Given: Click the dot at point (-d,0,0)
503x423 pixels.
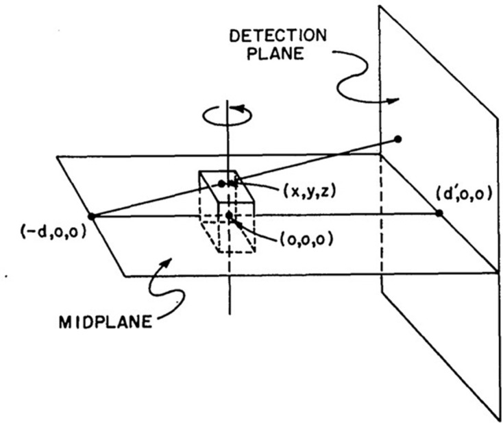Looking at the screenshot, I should [92, 216].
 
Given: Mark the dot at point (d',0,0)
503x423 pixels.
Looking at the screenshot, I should [439, 214].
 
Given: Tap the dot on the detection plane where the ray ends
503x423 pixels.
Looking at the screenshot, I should [397, 139].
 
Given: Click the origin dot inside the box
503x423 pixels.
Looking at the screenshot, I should [229, 215].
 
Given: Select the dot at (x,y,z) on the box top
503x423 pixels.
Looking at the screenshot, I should [221, 183].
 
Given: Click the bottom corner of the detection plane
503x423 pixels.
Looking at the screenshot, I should [498, 418].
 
